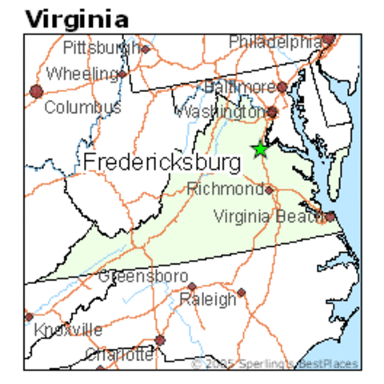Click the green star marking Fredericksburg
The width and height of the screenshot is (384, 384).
[259, 150]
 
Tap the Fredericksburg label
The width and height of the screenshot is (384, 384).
[162, 162]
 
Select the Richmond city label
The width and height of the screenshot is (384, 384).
[225, 190]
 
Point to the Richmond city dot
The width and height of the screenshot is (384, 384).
[270, 190]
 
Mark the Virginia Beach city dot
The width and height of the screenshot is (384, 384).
[330, 215]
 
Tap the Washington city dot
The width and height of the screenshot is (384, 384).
[273, 112]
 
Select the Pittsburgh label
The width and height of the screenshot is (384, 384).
[102, 47]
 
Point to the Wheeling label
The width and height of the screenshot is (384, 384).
[82, 74]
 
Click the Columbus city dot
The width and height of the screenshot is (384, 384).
[36, 91]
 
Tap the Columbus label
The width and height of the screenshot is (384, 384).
[82, 106]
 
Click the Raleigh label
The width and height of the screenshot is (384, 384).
[208, 300]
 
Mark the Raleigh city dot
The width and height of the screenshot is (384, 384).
[241, 293]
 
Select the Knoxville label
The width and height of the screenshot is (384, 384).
[67, 330]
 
